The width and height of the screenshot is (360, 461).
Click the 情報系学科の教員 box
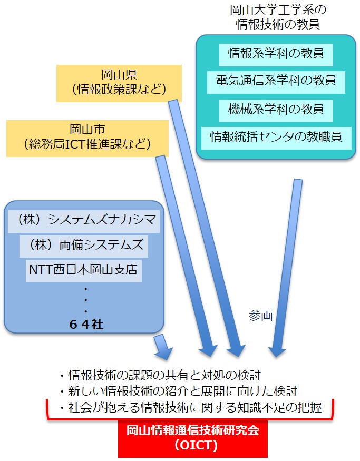pos(276,55)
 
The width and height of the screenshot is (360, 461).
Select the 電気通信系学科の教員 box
pos(276,82)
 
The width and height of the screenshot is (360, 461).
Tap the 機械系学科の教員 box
pos(276,111)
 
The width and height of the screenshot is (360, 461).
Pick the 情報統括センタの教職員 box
pos(276,138)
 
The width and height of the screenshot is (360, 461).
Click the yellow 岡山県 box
pos(119,83)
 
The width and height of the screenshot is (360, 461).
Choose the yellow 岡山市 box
pos(87,138)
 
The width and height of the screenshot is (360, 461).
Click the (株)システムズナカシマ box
pos(83,221)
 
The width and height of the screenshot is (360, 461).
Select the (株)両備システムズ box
pos(83,246)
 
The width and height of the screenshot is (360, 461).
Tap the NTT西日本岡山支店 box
pos(83,271)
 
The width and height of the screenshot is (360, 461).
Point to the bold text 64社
pos(86,325)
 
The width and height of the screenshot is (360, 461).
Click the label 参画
pos(260,316)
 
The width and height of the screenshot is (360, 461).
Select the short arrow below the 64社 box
pos(163,347)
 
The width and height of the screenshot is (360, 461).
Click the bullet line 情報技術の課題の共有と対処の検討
pos(161,375)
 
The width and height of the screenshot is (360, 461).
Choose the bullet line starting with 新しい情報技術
pos(179,391)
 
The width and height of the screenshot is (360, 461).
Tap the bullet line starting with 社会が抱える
pos(191,407)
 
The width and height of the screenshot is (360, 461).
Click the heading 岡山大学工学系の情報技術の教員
pos(278,17)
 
